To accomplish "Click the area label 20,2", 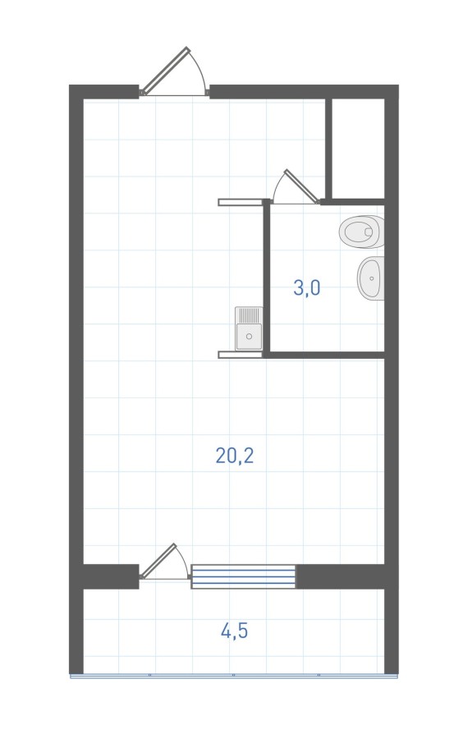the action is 235,456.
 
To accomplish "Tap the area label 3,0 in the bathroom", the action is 307,287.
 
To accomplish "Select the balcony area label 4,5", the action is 234,631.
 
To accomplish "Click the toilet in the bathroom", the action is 362,232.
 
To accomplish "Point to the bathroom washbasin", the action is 371,278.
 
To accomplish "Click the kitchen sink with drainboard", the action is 249,328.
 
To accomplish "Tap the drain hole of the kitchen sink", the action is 250,337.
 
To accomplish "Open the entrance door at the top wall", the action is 166,71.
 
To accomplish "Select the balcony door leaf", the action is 158,561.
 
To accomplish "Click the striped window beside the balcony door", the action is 243,576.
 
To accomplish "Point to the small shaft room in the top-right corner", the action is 359,149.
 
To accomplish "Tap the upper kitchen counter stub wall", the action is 240,202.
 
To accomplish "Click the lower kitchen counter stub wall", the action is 240,355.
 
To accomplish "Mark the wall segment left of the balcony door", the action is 111,576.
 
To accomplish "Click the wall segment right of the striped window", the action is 341,576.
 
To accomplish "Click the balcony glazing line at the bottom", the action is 234,676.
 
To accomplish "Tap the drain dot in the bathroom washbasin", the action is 372,278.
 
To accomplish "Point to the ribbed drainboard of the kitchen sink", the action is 250,314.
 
